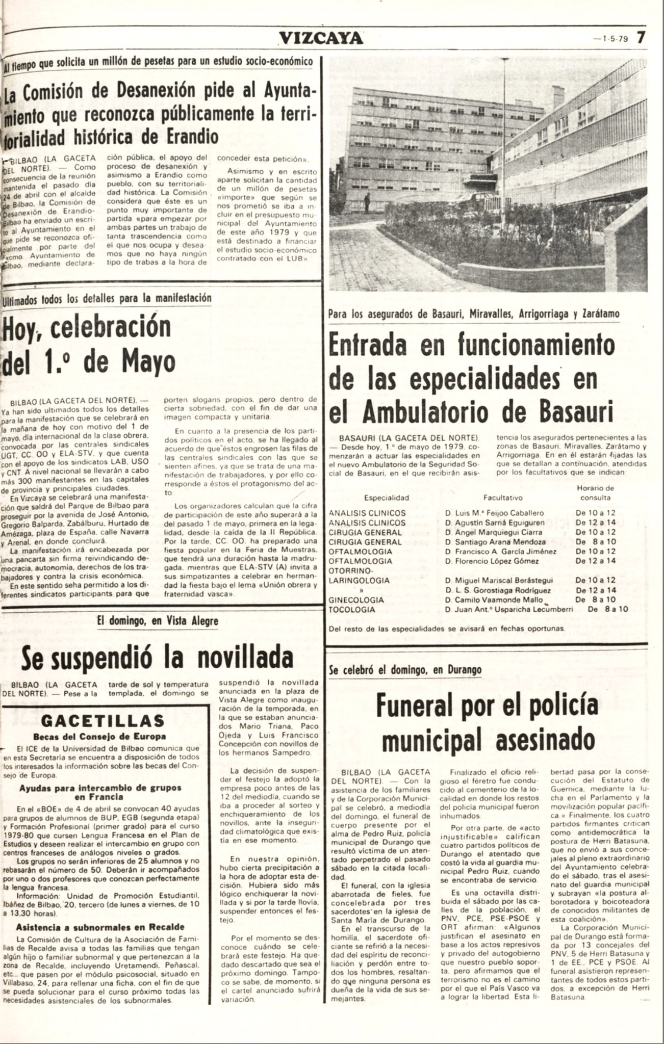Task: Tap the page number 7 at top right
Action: [x=641, y=38]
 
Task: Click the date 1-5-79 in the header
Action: [x=614, y=39]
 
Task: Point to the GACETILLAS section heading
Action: [x=103, y=720]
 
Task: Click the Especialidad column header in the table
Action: [x=386, y=498]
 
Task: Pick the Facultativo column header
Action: [x=502, y=498]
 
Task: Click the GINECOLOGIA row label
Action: [x=356, y=600]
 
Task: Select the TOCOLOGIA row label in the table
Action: [x=352, y=610]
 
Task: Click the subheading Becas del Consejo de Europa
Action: [x=99, y=736]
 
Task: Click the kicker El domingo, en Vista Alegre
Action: [x=157, y=621]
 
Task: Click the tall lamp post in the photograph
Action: [x=505, y=153]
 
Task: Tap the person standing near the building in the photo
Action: [x=367, y=202]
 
